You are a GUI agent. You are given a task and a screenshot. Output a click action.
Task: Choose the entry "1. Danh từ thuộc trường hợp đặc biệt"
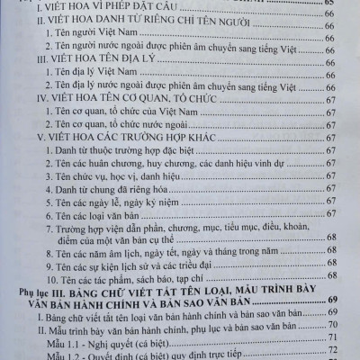click(x=118, y=151)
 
